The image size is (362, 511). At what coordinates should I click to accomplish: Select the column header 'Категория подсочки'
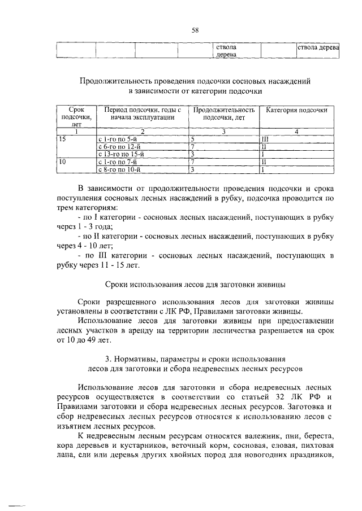click(296, 110)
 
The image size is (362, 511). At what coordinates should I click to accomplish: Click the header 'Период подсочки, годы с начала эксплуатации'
click(139, 113)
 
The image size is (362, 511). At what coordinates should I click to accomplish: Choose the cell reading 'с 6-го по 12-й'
click(119, 146)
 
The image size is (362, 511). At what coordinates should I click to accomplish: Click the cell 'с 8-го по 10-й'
click(119, 169)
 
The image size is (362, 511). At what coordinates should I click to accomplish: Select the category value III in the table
click(264, 138)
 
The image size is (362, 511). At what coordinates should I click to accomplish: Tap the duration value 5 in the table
click(192, 138)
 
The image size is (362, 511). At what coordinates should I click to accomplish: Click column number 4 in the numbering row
click(296, 131)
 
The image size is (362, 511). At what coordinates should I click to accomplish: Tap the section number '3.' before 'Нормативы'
click(109, 359)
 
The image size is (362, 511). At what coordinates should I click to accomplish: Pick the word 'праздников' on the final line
click(314, 456)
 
